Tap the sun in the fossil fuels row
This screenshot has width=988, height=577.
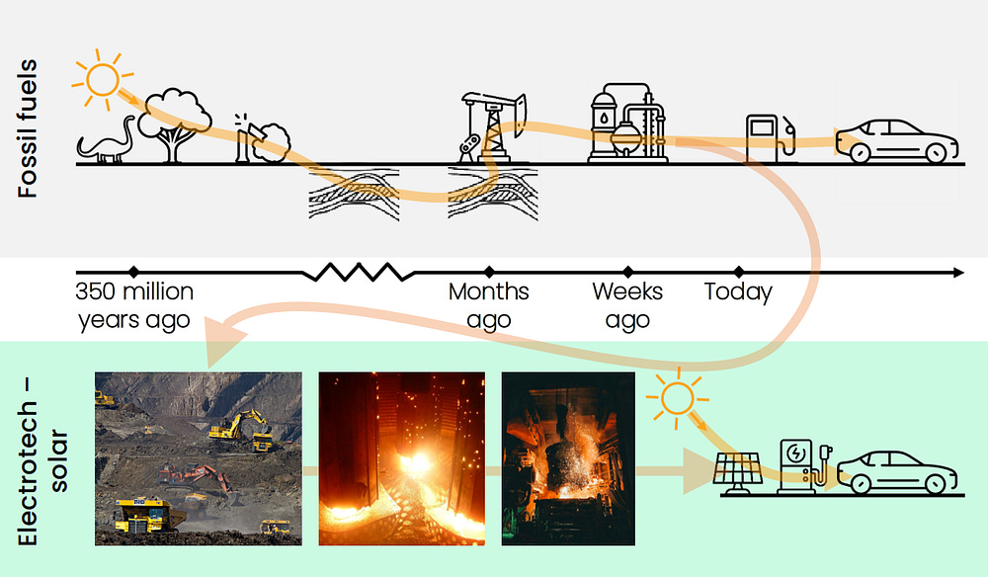pyautogui.click(x=100, y=76)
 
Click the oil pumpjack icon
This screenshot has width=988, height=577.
pyautogui.click(x=489, y=125)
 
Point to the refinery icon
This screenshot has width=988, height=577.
pyautogui.click(x=622, y=124)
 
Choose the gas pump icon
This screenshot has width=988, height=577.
pyautogui.click(x=768, y=137)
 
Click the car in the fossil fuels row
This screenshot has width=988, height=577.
pyautogui.click(x=897, y=141)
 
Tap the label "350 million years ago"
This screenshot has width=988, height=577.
pyautogui.click(x=134, y=306)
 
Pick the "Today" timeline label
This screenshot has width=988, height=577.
pyautogui.click(x=738, y=292)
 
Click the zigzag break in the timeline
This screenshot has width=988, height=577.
pyautogui.click(x=357, y=272)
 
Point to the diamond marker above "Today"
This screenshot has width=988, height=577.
pyautogui.click(x=738, y=272)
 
